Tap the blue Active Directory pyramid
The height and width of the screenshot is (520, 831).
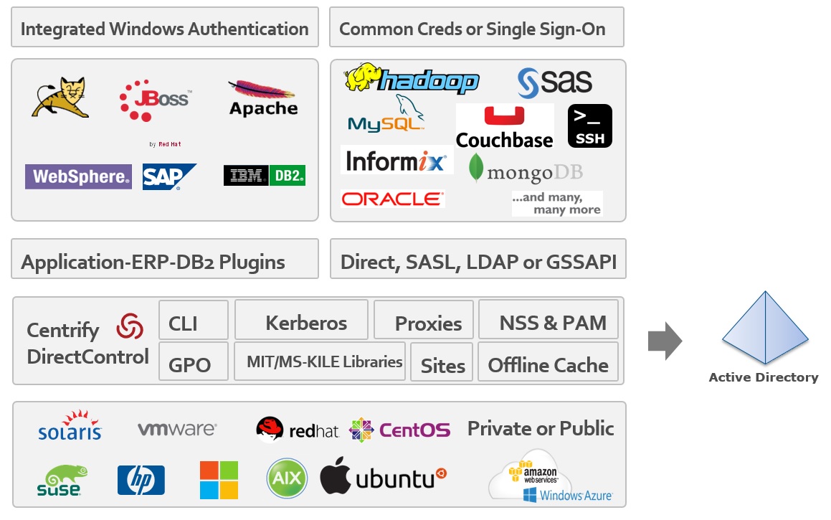[765, 329]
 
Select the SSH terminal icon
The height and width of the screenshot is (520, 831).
[590, 126]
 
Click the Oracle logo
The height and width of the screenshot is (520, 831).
[393, 199]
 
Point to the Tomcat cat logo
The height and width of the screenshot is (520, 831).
[61, 98]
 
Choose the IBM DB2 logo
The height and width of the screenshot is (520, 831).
[265, 176]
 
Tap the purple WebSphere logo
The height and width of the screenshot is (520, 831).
[79, 176]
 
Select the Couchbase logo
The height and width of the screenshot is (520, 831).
[505, 126]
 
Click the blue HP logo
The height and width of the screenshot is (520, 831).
[141, 480]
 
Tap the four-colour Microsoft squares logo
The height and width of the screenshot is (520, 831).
[219, 480]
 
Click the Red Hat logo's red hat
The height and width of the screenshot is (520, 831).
[270, 429]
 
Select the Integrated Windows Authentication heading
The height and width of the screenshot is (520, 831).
[164, 29]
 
